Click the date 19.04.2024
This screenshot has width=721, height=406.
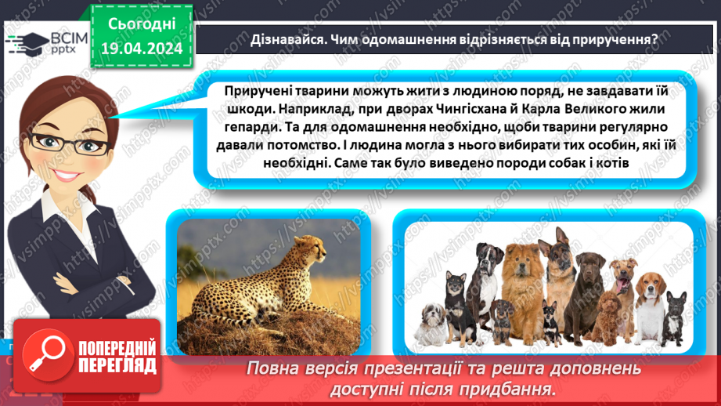[142, 49]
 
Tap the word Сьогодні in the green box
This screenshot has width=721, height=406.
[142, 24]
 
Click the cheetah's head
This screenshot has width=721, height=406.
[315, 251]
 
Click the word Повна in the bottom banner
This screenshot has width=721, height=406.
[275, 368]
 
